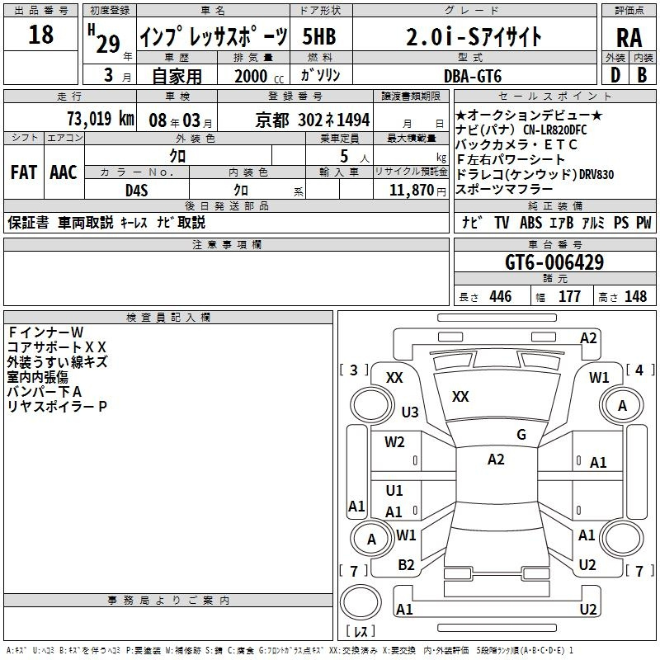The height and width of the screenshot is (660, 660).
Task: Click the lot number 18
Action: click(x=40, y=35)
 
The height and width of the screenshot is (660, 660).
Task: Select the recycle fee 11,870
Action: click(x=411, y=190)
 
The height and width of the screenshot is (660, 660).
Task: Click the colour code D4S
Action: click(x=136, y=190)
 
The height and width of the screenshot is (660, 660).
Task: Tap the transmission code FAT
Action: click(x=23, y=172)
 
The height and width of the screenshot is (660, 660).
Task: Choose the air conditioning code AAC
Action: click(x=63, y=172)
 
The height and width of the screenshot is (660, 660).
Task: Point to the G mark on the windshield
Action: click(x=521, y=435)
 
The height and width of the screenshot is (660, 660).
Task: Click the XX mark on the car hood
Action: click(x=460, y=397)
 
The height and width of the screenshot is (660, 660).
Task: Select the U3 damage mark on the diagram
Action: click(x=410, y=412)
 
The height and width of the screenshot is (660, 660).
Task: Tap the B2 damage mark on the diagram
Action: click(x=406, y=565)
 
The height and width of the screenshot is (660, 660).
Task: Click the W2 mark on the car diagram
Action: click(x=394, y=441)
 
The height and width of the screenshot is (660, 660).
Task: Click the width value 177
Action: click(x=569, y=297)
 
